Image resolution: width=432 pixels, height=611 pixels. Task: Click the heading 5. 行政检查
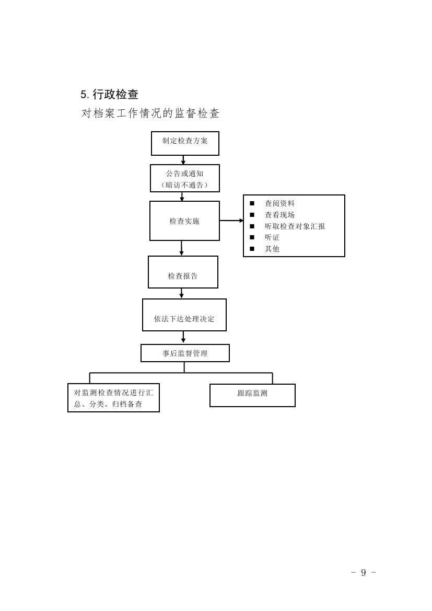(109, 95)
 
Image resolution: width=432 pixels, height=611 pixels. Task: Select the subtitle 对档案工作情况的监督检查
(150, 113)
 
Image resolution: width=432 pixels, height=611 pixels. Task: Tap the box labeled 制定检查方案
(185, 143)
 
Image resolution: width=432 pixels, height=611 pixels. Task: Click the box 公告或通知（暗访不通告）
(185, 178)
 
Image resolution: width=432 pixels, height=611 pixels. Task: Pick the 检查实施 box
(184, 221)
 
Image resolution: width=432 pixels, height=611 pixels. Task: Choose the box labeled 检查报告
(183, 272)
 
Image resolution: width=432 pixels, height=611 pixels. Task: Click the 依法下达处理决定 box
(184, 315)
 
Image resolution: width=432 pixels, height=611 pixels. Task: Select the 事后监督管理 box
(185, 353)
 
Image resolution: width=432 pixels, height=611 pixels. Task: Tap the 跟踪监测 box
(252, 395)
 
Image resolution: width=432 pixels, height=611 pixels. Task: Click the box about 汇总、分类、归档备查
(113, 398)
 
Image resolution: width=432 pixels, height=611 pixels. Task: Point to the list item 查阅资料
(279, 203)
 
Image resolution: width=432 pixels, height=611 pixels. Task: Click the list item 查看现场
(279, 215)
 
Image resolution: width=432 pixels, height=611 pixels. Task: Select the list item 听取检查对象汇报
(295, 226)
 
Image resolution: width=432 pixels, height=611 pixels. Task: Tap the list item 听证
(272, 237)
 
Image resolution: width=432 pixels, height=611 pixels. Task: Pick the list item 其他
(272, 249)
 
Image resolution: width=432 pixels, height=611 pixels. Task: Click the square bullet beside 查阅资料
(252, 203)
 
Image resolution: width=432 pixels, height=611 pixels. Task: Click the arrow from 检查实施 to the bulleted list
(231, 221)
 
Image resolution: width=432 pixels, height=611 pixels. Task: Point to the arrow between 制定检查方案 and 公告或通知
(183, 160)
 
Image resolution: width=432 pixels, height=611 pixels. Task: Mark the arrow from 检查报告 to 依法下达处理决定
(182, 293)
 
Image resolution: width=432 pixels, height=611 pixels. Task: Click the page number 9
(364, 572)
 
